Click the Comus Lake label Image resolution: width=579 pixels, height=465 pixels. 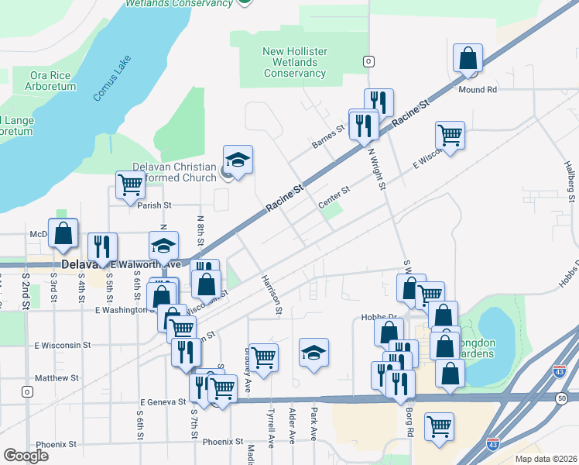pos(113,77)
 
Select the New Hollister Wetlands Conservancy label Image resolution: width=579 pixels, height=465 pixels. pos(294,62)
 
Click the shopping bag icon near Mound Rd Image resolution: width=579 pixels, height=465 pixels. pos(468,58)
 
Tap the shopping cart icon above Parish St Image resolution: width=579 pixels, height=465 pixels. pos(130,184)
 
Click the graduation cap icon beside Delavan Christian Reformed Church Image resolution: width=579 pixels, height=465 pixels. pos(238,160)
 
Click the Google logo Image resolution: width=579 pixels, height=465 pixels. pos(26,456)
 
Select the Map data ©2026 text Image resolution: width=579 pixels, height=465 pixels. pos(546,459)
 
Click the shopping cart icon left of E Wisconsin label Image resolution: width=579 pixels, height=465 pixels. pos(449,135)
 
